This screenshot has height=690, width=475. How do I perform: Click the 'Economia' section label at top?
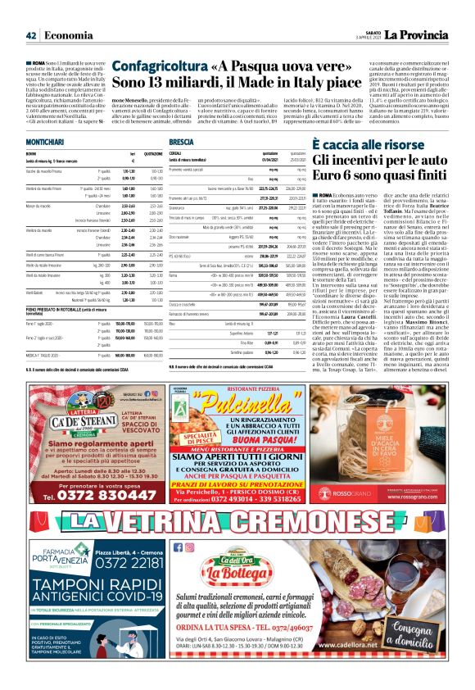68,35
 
